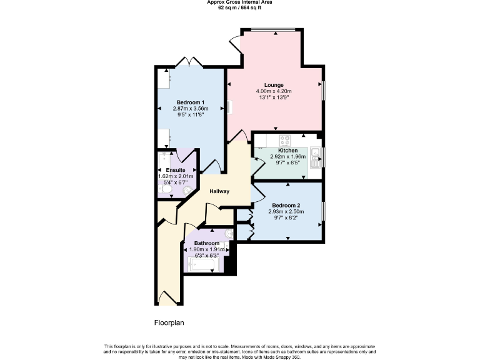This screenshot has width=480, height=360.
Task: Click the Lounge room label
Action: pos(274,85)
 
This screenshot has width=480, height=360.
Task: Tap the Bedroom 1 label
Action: pos(190,102)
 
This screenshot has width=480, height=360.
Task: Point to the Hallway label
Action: pos(219,191)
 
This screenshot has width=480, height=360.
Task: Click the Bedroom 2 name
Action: pos(286,206)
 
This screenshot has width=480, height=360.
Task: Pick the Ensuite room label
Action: pos(175,170)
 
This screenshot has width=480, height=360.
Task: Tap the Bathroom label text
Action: pos(206,242)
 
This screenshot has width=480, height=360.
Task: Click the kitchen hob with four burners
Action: pos(284,140)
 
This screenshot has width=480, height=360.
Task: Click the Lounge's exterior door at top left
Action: pos(235,46)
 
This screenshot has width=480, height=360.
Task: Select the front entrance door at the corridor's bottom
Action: pos(167,299)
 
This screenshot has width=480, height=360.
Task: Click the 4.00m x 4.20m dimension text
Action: pos(274,91)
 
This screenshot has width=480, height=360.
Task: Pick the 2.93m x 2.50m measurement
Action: pos(286,212)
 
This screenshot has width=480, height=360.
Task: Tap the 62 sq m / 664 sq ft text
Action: pos(239,7)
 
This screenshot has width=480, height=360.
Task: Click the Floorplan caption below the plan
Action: pos(169,323)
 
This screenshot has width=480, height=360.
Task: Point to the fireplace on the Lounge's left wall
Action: pos(230,107)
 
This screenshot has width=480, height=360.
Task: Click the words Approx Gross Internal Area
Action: pos(239,2)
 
